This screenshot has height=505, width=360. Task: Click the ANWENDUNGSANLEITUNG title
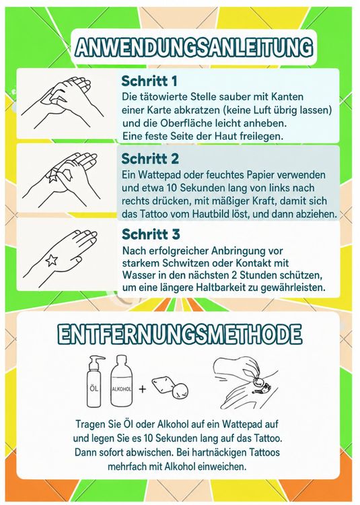pyautogui.click(x=194, y=48)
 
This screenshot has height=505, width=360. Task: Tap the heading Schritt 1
pyautogui.click(x=149, y=81)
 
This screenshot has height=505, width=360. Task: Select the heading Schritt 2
pyautogui.click(x=150, y=158)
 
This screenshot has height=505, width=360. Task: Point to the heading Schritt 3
pyautogui.click(x=151, y=234)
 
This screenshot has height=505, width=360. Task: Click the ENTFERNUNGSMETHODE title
pyautogui.click(x=180, y=334)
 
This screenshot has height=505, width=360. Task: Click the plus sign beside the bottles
pyautogui.click(x=142, y=389)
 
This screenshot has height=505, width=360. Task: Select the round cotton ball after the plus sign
pyautogui.click(x=180, y=391)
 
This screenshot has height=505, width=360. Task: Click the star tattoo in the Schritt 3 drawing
pyautogui.click(x=51, y=260)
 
